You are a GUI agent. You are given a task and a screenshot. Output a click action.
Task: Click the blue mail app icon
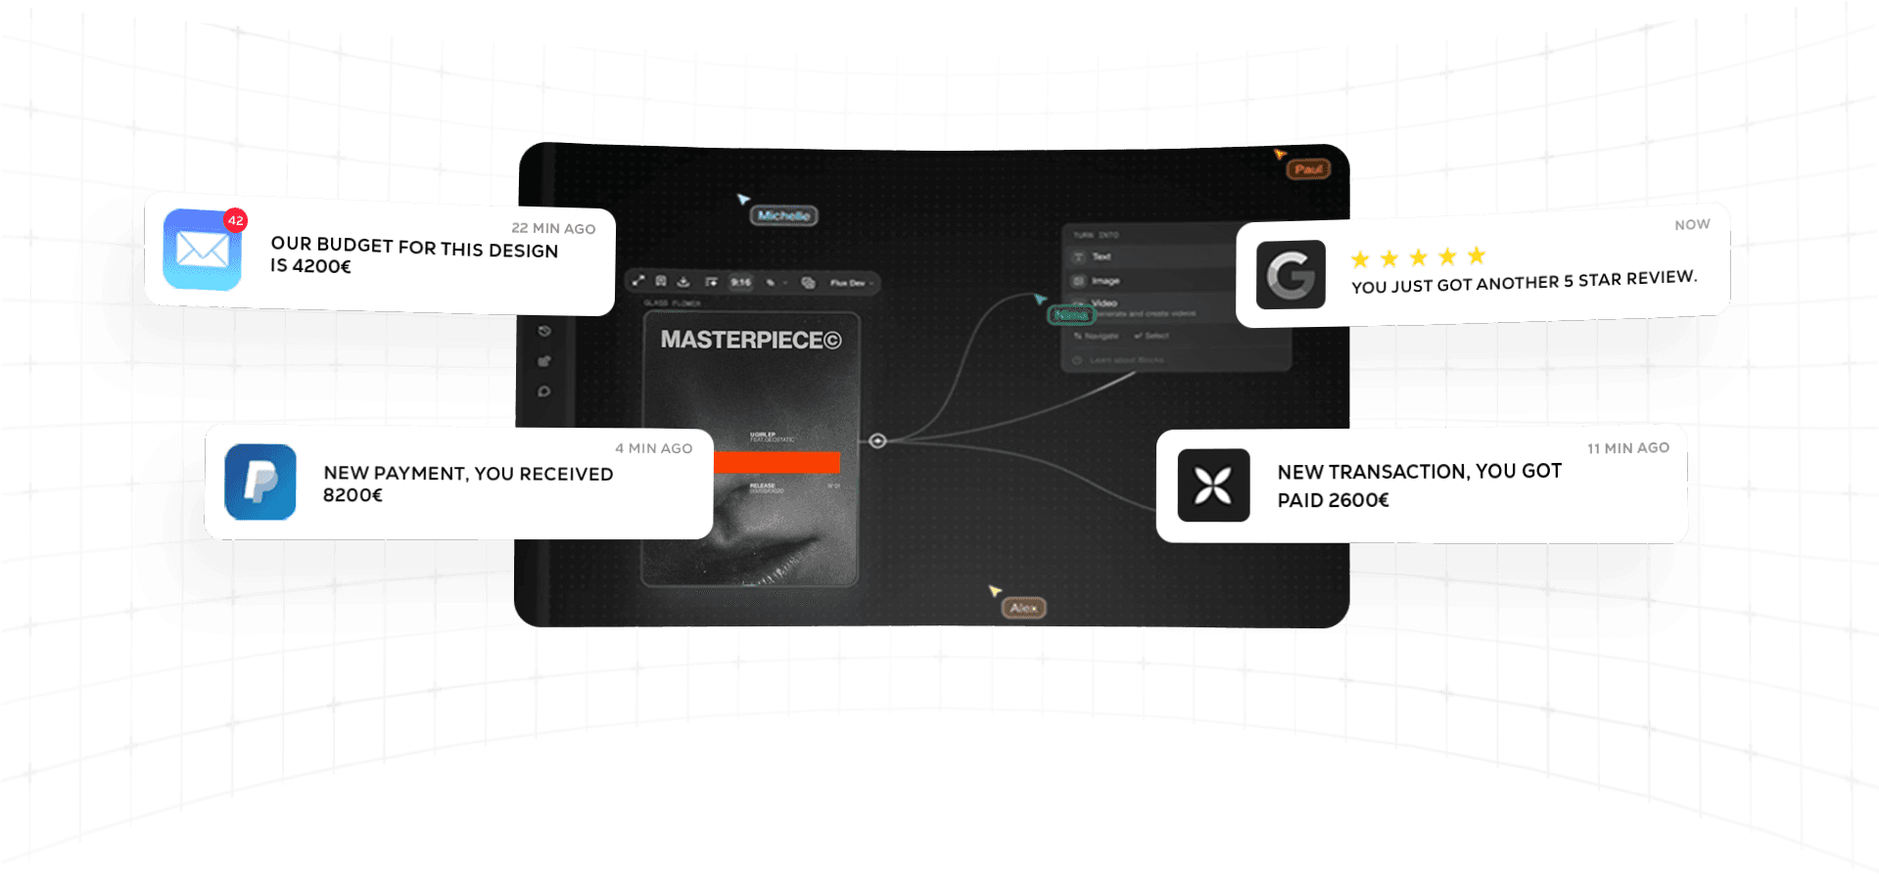(x=202, y=250)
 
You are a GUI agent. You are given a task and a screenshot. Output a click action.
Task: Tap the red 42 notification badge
(x=235, y=220)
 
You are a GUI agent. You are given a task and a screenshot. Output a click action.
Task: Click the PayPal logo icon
(x=260, y=482)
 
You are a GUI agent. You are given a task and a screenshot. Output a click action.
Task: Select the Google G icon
(x=1291, y=275)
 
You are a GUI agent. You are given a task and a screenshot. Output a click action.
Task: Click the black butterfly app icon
(x=1213, y=485)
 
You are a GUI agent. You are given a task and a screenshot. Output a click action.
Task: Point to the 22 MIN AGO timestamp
(x=553, y=228)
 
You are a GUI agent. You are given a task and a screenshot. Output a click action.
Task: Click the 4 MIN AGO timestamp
(x=653, y=448)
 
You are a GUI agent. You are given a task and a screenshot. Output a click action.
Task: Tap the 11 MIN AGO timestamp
(x=1628, y=447)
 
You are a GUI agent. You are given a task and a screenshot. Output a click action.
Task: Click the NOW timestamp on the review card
(x=1692, y=224)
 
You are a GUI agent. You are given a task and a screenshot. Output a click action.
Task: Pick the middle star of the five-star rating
(x=1418, y=257)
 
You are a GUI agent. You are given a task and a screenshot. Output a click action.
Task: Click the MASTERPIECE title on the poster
(x=751, y=340)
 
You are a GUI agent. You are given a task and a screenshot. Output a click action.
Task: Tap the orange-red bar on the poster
(x=776, y=462)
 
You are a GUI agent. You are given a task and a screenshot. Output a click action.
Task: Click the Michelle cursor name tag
(x=783, y=215)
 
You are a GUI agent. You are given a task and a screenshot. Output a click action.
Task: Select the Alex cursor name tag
(x=1024, y=608)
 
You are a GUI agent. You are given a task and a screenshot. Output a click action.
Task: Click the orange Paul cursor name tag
(x=1308, y=169)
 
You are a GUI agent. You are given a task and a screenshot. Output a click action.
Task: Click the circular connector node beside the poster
(x=877, y=440)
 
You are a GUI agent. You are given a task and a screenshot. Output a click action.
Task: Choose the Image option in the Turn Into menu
(x=1105, y=281)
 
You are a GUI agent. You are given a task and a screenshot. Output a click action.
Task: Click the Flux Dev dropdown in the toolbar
(x=849, y=283)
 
